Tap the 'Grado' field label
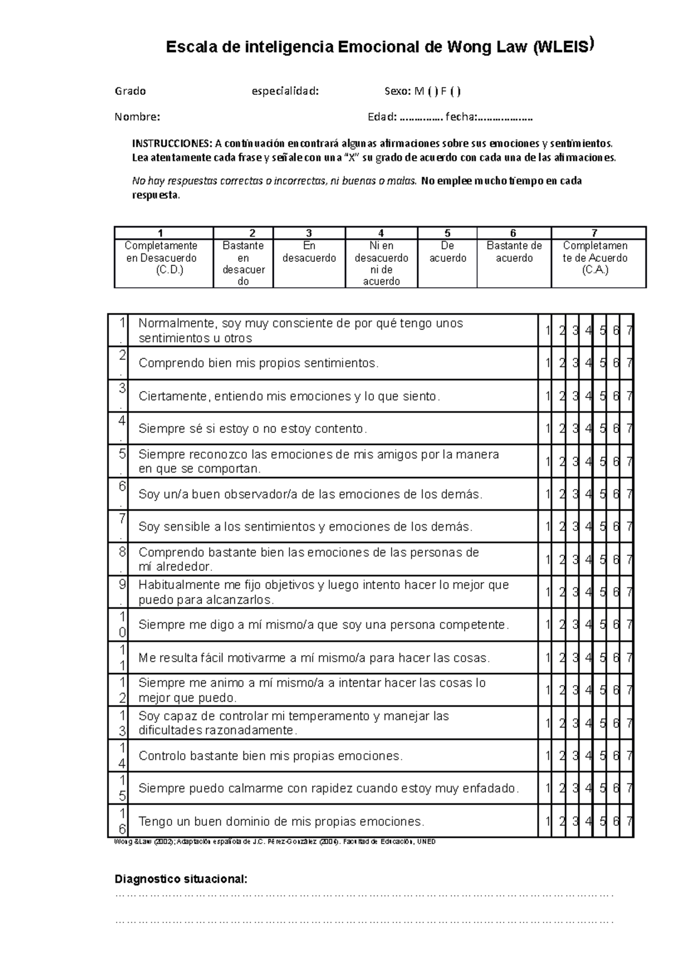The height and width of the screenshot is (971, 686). [130, 91]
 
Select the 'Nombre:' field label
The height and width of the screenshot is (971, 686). [137, 117]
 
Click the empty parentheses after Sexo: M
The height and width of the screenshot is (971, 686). [433, 91]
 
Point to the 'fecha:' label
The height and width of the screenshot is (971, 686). [461, 117]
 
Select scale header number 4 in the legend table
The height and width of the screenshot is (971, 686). [381, 233]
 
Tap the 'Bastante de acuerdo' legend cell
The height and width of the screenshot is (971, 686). [514, 252]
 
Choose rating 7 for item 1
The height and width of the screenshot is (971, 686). [629, 331]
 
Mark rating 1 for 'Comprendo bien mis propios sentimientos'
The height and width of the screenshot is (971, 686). [547, 363]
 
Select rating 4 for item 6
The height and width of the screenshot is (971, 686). [588, 494]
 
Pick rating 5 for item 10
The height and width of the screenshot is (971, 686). [602, 625]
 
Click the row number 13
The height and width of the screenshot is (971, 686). [122, 723]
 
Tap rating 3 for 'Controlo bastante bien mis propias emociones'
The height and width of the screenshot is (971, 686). [575, 756]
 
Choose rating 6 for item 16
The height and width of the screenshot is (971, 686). [616, 822]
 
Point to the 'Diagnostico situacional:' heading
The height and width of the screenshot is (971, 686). [181, 879]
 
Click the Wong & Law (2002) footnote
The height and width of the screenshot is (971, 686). [274, 842]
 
